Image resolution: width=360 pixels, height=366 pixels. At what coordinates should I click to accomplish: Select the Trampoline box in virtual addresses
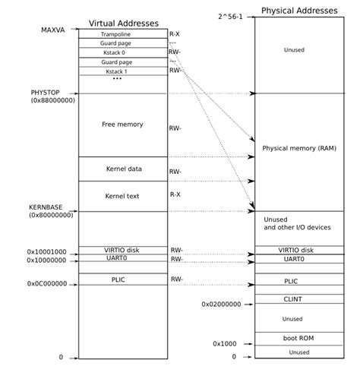[x=122, y=35]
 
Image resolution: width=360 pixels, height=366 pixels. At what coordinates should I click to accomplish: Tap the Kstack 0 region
[x=122, y=52]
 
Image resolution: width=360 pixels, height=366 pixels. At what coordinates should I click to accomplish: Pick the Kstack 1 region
[x=122, y=70]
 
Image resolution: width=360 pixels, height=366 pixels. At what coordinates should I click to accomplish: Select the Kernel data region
[x=123, y=169]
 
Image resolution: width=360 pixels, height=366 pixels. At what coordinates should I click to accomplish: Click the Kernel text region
[x=123, y=196]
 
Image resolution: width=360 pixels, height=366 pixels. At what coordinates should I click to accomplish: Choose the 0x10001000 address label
[x=47, y=251]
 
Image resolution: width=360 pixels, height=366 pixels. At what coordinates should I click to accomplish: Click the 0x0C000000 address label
[x=47, y=283]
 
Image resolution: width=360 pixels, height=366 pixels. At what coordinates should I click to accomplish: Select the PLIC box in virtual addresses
[x=122, y=280]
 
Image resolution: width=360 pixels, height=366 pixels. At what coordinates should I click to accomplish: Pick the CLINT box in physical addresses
[x=292, y=299]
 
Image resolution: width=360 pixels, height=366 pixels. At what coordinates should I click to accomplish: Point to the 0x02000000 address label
[x=221, y=304]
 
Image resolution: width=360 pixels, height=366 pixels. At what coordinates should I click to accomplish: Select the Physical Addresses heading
[x=298, y=11]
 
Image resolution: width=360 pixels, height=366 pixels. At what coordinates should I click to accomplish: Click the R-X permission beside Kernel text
[x=175, y=194]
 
